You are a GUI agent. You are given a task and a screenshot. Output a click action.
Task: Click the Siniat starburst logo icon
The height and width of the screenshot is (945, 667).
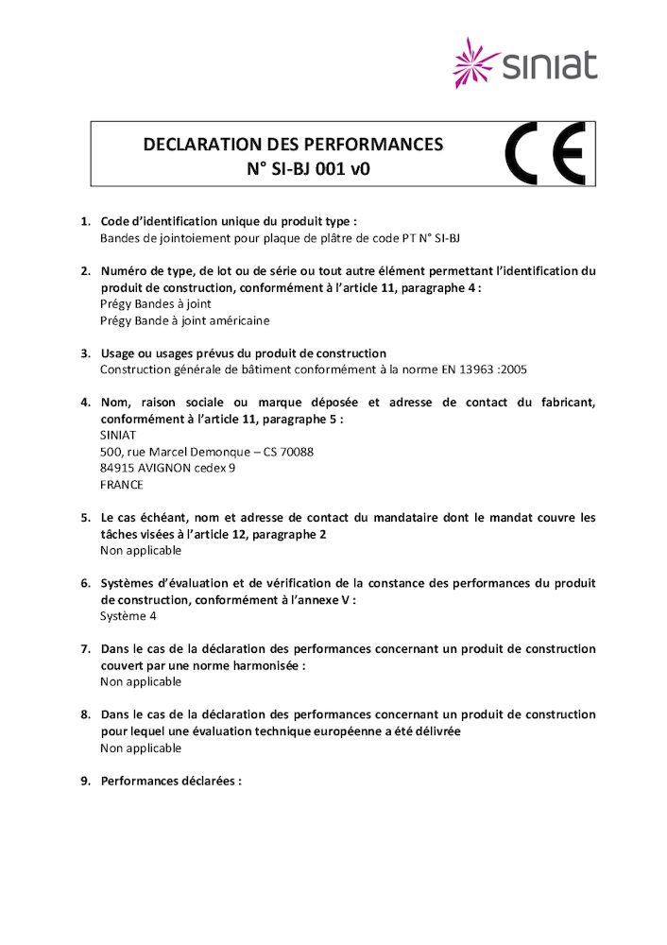pos(476,62)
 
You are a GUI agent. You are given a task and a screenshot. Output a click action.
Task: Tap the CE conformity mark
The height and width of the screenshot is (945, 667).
pos(545,153)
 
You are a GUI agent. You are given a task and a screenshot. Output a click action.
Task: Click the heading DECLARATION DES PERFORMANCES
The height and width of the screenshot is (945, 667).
pos(293,145)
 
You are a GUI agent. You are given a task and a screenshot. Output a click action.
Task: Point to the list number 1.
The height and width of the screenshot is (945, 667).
pos(85,222)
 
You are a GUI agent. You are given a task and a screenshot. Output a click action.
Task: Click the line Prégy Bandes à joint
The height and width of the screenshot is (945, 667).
pos(155,304)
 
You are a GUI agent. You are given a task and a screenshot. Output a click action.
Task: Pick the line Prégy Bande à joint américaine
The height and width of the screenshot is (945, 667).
pos(184,320)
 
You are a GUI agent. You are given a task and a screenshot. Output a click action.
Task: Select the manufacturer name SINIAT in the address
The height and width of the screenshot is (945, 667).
pos(118,436)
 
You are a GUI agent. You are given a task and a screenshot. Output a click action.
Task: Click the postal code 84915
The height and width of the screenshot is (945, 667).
pos(117,468)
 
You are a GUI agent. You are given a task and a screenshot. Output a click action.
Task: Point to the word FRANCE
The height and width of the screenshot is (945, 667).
pos(122,485)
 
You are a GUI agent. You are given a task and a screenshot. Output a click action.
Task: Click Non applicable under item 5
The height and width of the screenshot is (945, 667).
pos(141,550)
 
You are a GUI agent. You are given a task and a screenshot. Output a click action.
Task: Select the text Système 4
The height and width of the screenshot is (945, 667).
pos(128,616)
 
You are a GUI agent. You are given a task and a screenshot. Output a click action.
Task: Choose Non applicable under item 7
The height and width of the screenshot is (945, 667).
pos(141,681)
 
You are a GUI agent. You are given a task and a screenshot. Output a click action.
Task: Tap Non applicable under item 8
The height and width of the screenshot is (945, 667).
pos(141,747)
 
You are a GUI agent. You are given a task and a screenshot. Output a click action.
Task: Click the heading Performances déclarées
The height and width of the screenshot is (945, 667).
pos(171,782)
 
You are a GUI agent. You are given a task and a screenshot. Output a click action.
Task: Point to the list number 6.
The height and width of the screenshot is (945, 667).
pos(85,583)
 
